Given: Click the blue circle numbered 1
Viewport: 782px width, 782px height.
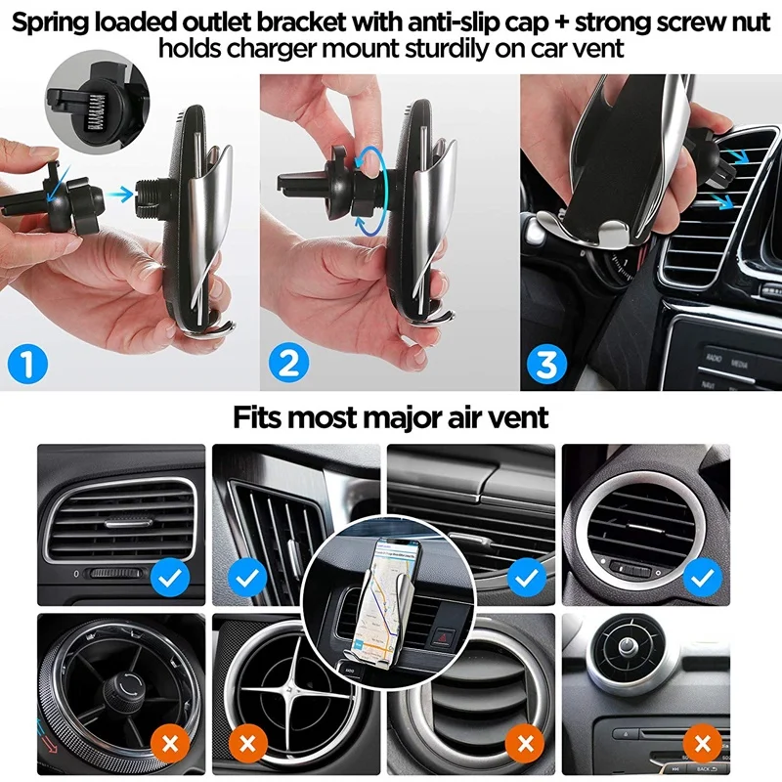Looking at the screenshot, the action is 28,363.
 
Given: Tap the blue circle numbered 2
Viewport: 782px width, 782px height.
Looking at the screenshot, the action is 288,363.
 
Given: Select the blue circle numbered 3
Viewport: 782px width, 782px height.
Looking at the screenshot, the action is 547,363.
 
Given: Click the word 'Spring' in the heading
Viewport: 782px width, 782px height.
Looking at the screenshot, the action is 50,22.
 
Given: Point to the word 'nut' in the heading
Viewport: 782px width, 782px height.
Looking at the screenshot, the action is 749,22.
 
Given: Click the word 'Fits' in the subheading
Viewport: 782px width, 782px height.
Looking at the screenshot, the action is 258,417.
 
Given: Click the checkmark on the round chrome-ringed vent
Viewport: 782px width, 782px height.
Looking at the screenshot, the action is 703,578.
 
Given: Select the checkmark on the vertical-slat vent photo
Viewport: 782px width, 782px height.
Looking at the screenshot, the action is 247,578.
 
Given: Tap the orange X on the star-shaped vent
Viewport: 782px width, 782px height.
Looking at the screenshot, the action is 247,744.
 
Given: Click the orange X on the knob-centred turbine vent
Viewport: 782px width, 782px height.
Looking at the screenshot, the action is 170,744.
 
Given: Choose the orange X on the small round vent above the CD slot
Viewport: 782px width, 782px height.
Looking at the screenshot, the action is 703,744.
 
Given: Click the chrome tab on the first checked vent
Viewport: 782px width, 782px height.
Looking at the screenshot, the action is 129,523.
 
